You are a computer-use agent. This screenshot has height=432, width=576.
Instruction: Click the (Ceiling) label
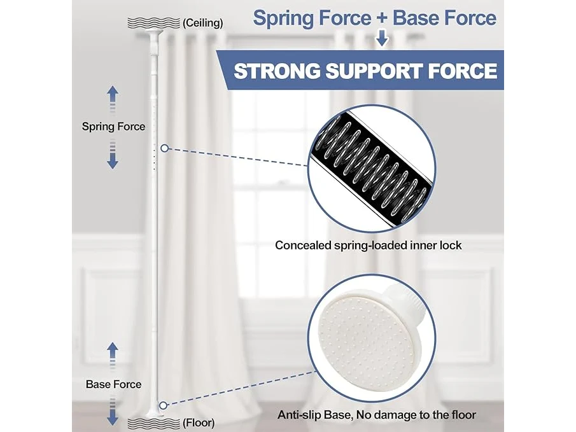(203, 23)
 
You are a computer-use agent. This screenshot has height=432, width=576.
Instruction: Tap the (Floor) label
(199, 422)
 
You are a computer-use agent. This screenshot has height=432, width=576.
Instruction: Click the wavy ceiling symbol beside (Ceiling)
(154, 23)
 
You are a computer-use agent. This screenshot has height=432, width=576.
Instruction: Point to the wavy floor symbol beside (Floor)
(154, 422)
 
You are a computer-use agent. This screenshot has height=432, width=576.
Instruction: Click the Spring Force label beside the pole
(113, 127)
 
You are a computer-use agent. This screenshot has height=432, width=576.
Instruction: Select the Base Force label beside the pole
(113, 384)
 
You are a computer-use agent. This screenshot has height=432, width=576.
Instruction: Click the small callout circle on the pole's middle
(165, 148)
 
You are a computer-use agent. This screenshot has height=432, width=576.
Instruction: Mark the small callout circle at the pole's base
(164, 405)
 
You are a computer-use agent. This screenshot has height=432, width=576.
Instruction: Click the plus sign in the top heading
(382, 18)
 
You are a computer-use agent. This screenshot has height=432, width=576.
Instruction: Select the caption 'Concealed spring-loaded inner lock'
(368, 246)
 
